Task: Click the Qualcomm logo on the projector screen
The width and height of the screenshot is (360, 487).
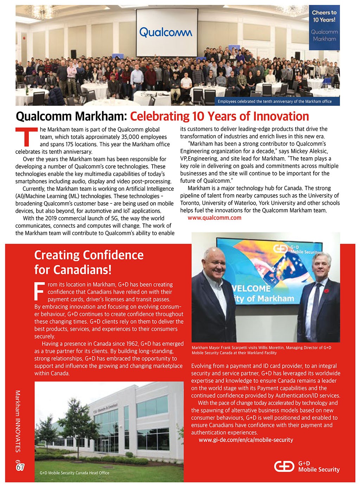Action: pos(166,32)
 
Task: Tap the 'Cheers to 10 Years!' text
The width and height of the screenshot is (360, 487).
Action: pos(324,16)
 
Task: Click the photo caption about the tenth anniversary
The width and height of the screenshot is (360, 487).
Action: pos(274,101)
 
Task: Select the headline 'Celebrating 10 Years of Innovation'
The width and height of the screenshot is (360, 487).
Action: pos(219,116)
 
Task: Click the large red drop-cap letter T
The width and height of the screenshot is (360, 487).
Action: pos(26,137)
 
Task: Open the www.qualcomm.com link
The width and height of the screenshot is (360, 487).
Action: pos(214,218)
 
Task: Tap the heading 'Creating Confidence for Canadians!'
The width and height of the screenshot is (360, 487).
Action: pos(89,262)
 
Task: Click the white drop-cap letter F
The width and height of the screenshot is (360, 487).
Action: pos(40,291)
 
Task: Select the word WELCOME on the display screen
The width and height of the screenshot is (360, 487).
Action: pos(252,289)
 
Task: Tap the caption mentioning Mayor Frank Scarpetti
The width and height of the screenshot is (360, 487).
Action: pos(261,350)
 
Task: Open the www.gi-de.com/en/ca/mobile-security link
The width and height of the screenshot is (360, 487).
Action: pos(246,440)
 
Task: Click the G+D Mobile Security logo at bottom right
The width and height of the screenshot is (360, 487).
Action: pos(307,467)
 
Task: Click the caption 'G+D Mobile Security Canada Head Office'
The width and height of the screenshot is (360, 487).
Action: pos(75,473)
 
